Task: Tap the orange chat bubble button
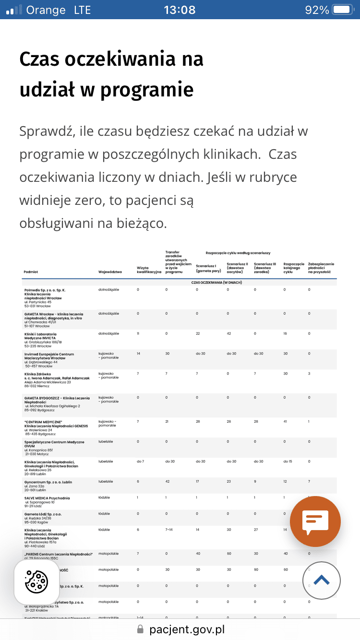pos(315,521)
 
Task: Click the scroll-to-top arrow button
pos(322,580)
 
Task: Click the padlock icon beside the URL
pos(140,629)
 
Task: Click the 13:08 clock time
pos(180,10)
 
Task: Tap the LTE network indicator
pos(82,10)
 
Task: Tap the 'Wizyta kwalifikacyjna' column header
pos(149,270)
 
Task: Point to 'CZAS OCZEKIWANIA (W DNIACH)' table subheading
pos(217,283)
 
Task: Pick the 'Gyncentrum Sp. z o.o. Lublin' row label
pos(48,482)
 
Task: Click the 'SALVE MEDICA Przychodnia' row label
pos(47,498)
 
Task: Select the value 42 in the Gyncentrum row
pos(168,482)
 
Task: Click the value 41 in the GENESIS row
pos(286,421)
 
